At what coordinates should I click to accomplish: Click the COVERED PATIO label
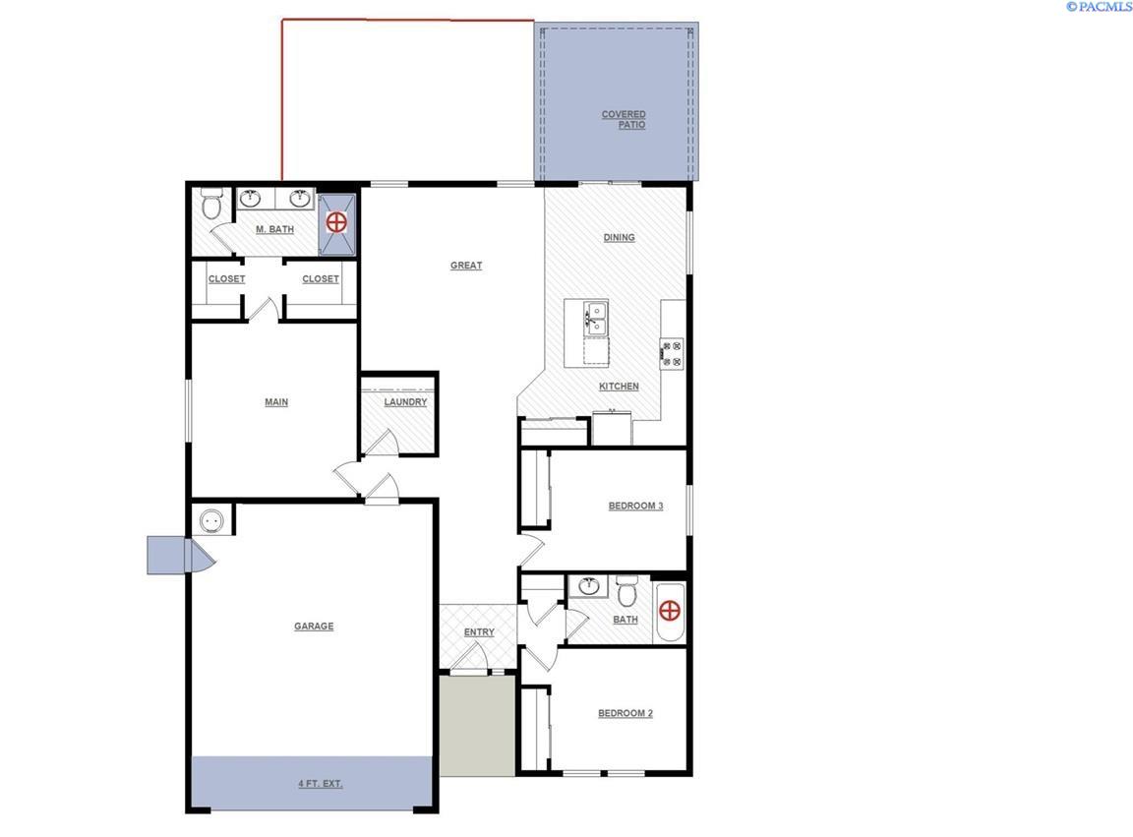(x=624, y=120)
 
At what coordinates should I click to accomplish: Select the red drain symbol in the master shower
(x=336, y=222)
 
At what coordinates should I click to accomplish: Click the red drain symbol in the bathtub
(x=670, y=612)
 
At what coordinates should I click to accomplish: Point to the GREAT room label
(x=466, y=266)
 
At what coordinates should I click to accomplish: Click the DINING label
(x=619, y=237)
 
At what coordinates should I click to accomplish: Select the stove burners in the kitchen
(x=672, y=353)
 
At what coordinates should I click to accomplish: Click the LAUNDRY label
(x=405, y=402)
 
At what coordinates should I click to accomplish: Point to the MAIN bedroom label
(x=276, y=402)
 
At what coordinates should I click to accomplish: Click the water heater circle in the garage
(x=210, y=520)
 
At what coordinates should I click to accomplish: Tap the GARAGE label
(x=314, y=627)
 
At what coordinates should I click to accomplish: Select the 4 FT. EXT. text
(x=321, y=784)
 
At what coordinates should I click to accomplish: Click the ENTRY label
(x=479, y=632)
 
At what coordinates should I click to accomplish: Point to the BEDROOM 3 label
(x=635, y=507)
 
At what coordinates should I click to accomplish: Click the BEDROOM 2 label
(x=626, y=714)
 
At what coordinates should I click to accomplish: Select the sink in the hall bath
(x=589, y=587)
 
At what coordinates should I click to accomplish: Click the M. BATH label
(x=274, y=230)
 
